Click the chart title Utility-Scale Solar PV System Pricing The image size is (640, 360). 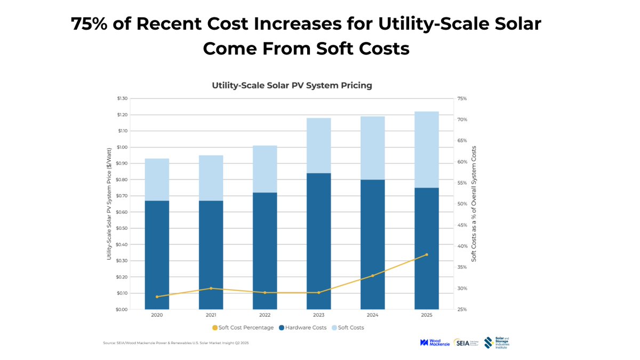[292, 85]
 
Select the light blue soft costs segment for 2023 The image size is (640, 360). [319, 145]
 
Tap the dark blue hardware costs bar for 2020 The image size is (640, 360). [157, 255]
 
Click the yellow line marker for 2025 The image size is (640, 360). [427, 254]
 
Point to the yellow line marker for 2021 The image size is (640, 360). [211, 289]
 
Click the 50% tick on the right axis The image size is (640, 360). [462, 204]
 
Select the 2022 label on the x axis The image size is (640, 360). [265, 315]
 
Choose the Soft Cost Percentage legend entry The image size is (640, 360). [243, 327]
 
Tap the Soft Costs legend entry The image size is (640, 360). [348, 327]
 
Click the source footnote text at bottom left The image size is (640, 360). [175, 343]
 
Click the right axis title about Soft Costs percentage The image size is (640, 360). [474, 204]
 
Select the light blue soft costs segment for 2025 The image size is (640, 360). [427, 149]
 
